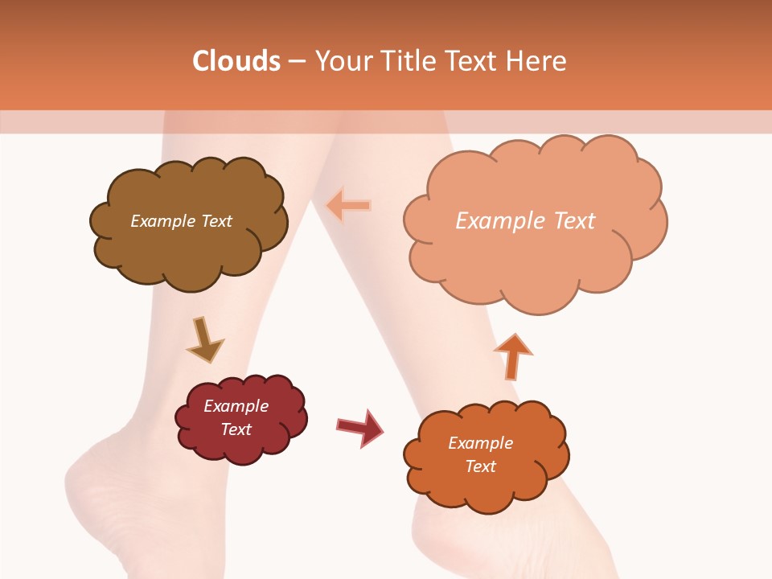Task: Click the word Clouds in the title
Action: (x=236, y=61)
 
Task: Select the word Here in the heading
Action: (x=536, y=61)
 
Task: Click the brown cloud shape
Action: (x=189, y=241)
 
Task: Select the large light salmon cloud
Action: (x=535, y=257)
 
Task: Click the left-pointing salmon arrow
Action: (x=348, y=206)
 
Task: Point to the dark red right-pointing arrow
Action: (x=359, y=427)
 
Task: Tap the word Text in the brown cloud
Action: (x=215, y=221)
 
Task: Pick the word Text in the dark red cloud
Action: (x=236, y=429)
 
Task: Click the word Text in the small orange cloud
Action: (x=481, y=466)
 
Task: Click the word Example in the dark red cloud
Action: (x=236, y=406)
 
